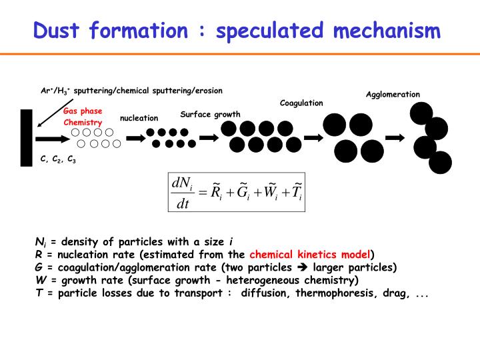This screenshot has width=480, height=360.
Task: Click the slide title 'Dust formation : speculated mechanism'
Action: (x=237, y=30)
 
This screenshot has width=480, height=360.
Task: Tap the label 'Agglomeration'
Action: (x=393, y=94)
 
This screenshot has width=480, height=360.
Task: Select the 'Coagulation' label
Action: (x=301, y=103)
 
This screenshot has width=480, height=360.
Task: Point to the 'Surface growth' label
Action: (x=210, y=114)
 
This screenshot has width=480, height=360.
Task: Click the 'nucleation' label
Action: (x=139, y=118)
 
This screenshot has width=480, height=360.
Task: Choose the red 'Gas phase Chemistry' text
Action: (x=83, y=117)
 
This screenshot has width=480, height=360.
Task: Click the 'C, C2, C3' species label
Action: (x=58, y=160)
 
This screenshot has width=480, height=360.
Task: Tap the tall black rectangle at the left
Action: (x=27, y=139)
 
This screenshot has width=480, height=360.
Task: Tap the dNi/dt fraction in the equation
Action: (x=181, y=193)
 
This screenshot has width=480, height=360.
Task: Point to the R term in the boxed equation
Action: (x=215, y=192)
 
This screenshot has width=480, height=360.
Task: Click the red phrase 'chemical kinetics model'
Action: (x=310, y=254)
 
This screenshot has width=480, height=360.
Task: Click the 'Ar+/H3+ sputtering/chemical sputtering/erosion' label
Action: (x=131, y=90)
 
